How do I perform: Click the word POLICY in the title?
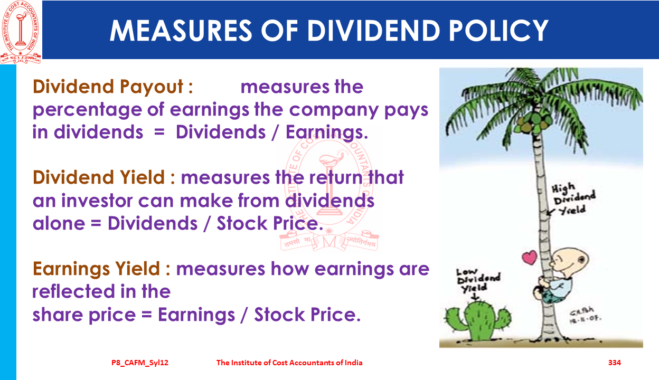tap(498, 31)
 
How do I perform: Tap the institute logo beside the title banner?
tap(21, 32)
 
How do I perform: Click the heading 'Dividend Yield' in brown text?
tap(99, 177)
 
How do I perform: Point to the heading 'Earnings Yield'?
tap(96, 269)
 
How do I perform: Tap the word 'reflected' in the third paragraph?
tap(73, 291)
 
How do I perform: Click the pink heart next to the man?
tap(530, 258)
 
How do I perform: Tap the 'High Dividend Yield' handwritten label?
tap(573, 199)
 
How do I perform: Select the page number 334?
tap(615, 363)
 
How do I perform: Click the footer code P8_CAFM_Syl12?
tap(140, 363)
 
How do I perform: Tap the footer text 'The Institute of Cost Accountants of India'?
tap(289, 363)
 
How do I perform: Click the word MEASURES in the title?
tap(181, 31)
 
